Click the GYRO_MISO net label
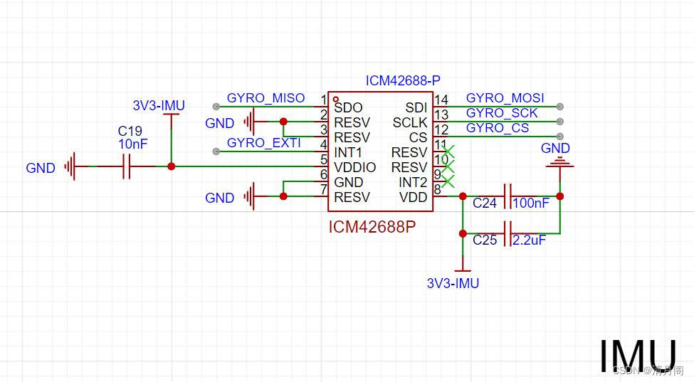click(x=265, y=98)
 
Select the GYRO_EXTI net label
click(x=263, y=143)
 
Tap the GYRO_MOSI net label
click(x=505, y=98)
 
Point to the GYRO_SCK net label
click(x=501, y=113)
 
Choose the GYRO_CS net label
click(x=497, y=128)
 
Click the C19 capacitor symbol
click(x=126, y=166)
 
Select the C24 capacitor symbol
click(x=508, y=196)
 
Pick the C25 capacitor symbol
click(x=508, y=233)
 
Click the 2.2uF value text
click(x=529, y=240)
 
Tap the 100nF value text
click(x=531, y=203)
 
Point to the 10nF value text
click(x=133, y=144)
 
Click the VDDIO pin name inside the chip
click(x=354, y=167)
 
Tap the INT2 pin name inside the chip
click(x=412, y=183)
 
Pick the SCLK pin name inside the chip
click(x=410, y=123)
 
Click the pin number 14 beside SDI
click(x=441, y=100)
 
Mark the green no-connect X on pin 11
click(x=448, y=151)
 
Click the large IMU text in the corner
click(x=637, y=356)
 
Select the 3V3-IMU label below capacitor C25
click(x=453, y=283)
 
